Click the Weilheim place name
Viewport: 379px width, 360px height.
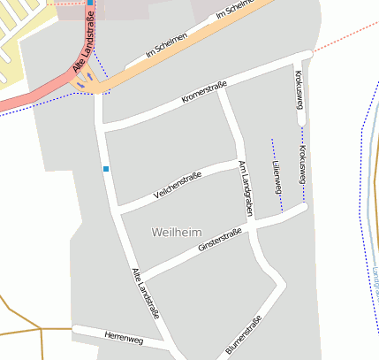click(x=171, y=232)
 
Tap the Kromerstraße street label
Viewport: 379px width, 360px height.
click(x=204, y=92)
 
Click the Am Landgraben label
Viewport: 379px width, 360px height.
click(x=245, y=190)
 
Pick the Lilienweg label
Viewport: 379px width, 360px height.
click(x=276, y=178)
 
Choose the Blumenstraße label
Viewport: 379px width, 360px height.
click(x=244, y=336)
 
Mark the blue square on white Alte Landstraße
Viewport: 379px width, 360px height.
click(x=106, y=168)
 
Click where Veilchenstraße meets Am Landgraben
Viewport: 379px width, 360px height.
click(x=239, y=164)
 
